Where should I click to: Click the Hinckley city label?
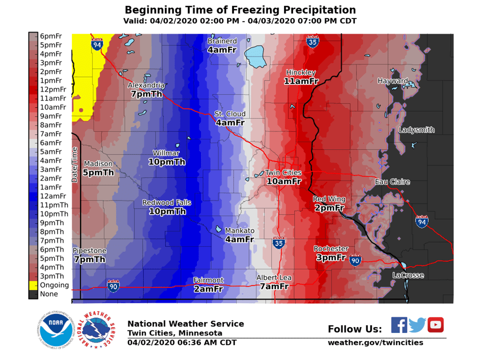(300, 72)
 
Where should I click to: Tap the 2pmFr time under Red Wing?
(329, 208)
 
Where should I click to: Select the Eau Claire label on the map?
(392, 181)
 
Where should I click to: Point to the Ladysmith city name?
(416, 130)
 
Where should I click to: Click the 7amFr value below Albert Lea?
(274, 286)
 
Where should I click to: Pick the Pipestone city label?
(89, 250)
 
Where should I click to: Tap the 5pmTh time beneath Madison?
(98, 173)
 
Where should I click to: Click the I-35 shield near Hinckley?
(313, 41)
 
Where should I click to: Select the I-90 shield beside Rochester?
(355, 260)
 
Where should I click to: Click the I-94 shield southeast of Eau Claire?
(421, 222)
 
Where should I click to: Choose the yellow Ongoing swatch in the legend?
(33, 285)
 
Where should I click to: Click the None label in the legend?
(48, 294)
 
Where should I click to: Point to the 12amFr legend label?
(53, 196)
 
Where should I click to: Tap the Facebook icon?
(398, 325)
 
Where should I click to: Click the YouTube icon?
(435, 325)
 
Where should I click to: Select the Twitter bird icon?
(417, 325)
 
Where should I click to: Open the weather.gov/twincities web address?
(375, 342)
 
